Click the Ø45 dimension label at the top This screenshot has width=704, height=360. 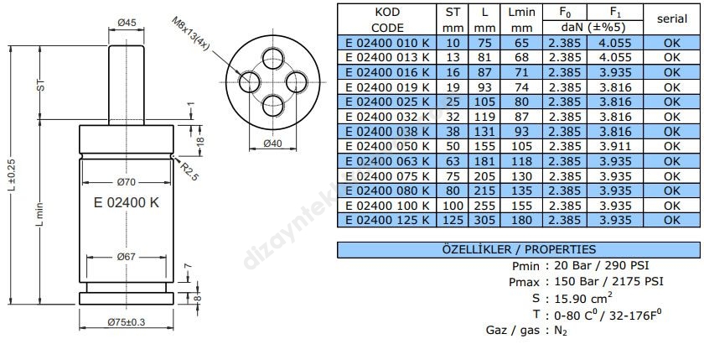[127, 23]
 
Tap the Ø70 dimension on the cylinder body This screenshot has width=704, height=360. [127, 181]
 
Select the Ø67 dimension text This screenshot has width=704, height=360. [127, 256]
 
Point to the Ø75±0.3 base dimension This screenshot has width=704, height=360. [127, 322]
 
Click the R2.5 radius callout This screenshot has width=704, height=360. [189, 171]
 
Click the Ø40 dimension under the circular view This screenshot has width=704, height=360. [273, 144]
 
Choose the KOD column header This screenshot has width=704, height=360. [386, 13]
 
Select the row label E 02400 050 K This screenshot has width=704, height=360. [386, 146]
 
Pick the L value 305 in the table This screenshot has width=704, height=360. [485, 220]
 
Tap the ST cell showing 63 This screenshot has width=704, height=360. [453, 159]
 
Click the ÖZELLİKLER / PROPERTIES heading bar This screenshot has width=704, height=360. [518, 249]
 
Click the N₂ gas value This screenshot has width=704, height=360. [562, 330]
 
